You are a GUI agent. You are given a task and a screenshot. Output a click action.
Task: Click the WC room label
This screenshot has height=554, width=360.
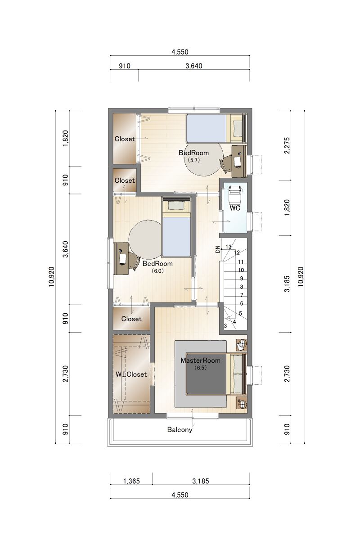[x=235, y=208]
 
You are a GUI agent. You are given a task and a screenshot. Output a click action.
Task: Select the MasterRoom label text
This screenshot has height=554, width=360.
[x=200, y=360]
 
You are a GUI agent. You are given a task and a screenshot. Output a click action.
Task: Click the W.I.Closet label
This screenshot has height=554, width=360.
[x=131, y=374]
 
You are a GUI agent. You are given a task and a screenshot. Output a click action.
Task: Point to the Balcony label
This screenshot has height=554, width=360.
[x=180, y=430]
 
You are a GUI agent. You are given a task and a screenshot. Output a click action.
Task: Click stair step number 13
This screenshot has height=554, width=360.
[x=229, y=247]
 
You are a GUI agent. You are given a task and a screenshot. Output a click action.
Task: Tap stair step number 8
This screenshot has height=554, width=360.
[x=242, y=287]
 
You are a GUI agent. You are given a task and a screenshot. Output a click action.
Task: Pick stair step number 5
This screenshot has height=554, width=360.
[x=240, y=314]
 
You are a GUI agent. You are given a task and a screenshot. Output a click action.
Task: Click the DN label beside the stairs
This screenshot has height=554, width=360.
[x=218, y=249]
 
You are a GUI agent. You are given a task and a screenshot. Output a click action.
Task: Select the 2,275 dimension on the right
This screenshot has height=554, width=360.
[x=287, y=145]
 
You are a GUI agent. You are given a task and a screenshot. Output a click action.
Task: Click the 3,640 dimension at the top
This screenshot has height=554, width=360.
[x=194, y=66]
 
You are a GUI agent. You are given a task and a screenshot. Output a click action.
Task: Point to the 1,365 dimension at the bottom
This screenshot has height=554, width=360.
[x=131, y=481]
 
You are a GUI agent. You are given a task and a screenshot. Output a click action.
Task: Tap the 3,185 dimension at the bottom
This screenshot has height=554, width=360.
[x=201, y=481]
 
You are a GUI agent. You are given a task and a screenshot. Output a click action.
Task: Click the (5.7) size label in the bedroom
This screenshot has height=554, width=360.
[x=193, y=160]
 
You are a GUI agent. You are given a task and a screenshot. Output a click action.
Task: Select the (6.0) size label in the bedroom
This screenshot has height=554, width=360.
[x=157, y=271]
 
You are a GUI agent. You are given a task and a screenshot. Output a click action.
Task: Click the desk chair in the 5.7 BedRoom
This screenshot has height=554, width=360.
[x=226, y=163]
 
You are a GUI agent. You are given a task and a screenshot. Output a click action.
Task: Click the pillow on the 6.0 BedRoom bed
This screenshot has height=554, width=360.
[x=176, y=206]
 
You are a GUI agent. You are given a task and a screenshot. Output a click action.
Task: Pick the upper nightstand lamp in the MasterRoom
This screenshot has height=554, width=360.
[x=242, y=344]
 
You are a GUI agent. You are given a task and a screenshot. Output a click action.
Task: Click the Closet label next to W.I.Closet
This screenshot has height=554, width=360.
[x=131, y=319]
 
